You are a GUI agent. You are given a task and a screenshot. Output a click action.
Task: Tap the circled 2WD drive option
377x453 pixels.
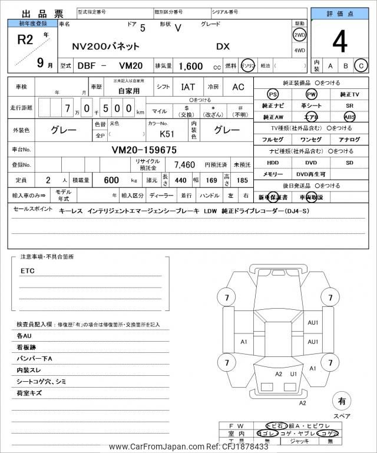(x=299, y=35)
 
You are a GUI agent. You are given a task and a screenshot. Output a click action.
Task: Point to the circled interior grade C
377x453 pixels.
(x=361, y=65)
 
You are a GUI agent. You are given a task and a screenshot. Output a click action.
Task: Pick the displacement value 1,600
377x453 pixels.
(x=190, y=67)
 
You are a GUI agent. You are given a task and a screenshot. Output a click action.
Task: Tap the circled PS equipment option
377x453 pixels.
(x=272, y=94)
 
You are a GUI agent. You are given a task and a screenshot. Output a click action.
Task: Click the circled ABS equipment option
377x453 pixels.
(x=349, y=117)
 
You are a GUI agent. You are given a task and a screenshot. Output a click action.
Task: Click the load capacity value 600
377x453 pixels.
(x=111, y=179)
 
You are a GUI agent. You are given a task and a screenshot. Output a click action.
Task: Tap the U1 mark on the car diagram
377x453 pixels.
(x=293, y=373)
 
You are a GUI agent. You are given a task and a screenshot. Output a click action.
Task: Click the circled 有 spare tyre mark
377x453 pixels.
(x=341, y=401)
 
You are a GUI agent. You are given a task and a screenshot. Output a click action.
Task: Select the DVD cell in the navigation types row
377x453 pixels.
(x=310, y=162)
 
